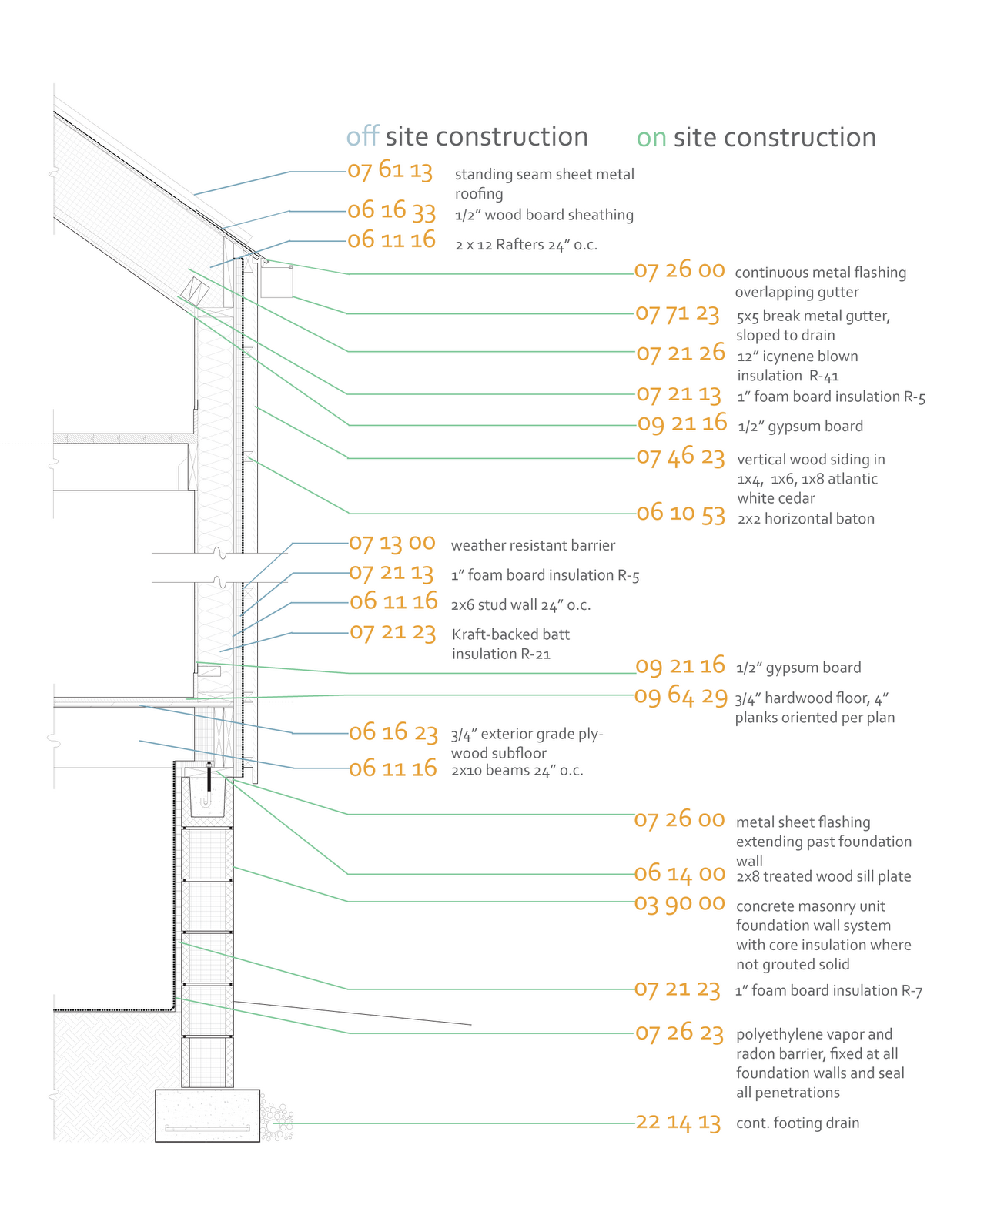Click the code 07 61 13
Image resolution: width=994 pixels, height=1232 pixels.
click(x=390, y=170)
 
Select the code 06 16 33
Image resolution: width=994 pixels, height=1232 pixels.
click(x=391, y=210)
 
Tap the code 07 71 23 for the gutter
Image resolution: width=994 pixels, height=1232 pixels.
click(x=677, y=314)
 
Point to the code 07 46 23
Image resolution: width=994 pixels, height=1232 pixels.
click(x=681, y=457)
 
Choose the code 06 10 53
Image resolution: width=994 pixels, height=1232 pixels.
click(x=681, y=513)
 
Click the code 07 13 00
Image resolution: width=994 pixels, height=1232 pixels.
click(x=392, y=544)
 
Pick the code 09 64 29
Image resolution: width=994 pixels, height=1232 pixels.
click(x=681, y=696)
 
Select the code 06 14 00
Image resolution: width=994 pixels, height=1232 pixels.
click(x=679, y=874)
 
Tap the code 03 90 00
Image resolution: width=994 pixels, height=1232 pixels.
click(x=679, y=902)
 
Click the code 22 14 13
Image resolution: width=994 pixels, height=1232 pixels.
click(x=678, y=1123)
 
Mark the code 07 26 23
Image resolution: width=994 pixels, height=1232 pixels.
click(x=679, y=1033)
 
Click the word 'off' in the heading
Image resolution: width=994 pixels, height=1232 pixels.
click(x=363, y=137)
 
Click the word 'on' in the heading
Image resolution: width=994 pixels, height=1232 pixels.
click(x=651, y=138)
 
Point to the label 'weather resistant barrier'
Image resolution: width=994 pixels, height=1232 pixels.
click(x=533, y=546)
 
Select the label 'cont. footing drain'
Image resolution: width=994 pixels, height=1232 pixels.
click(x=797, y=1123)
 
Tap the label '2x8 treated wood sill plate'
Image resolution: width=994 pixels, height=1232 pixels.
click(x=823, y=876)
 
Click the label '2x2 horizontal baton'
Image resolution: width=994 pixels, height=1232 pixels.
click(x=805, y=519)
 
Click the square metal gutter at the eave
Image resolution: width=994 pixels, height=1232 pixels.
click(x=277, y=282)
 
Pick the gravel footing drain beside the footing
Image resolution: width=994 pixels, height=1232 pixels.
click(x=276, y=1123)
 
